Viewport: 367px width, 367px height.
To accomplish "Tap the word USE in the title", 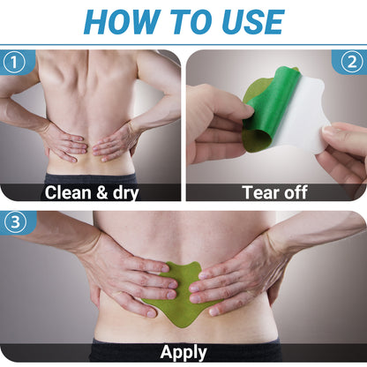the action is pos(253,22).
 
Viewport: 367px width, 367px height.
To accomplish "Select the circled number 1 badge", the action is pos(14,63).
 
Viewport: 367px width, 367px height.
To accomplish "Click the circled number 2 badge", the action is pos(352,62).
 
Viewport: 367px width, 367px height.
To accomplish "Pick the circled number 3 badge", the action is pos(15,222).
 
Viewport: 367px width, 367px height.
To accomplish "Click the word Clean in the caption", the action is pos(68,193).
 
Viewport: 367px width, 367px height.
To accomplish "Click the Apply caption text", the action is pos(183,353).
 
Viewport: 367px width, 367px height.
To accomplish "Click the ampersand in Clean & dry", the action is pos(101,193).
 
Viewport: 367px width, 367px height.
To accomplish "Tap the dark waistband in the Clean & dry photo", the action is pos(91,179).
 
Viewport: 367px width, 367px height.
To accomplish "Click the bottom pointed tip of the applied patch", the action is pos(183,327).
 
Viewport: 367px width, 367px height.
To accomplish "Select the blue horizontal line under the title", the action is pos(183,45).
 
